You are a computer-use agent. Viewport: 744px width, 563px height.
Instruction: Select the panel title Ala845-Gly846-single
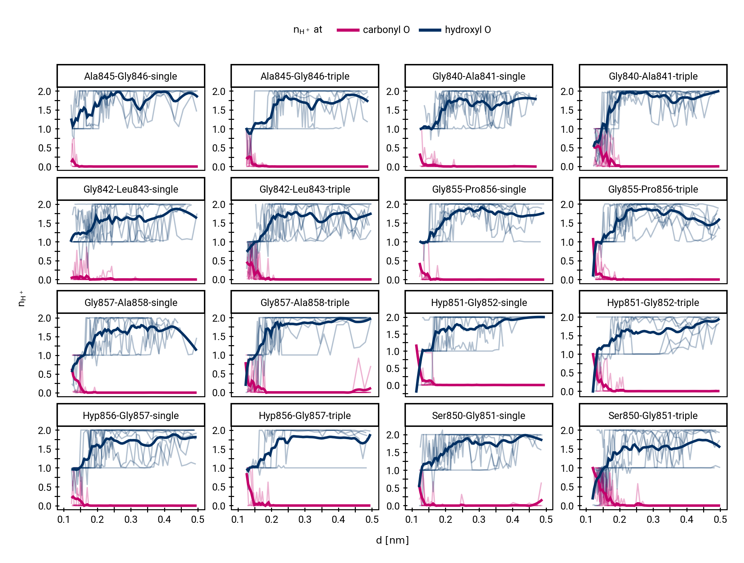click(131, 76)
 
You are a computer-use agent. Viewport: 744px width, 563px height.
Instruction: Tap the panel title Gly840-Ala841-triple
click(653, 76)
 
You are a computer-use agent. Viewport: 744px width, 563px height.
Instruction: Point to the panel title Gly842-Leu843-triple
click(305, 189)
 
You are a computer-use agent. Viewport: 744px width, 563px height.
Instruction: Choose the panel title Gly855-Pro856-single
click(479, 189)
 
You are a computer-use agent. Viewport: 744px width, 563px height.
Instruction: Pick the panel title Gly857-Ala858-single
click(131, 303)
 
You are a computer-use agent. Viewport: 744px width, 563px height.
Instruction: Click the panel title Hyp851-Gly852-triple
click(653, 303)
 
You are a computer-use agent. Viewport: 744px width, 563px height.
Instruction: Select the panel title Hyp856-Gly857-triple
click(305, 416)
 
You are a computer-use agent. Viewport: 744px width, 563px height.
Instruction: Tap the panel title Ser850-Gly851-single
click(479, 416)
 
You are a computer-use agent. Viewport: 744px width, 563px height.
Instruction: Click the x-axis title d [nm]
click(392, 540)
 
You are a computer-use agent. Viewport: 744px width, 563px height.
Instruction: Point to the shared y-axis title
click(21, 299)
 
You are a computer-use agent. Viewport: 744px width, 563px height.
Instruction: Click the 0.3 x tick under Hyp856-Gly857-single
click(131, 519)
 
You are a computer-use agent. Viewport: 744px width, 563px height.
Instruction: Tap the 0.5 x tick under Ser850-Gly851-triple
click(720, 519)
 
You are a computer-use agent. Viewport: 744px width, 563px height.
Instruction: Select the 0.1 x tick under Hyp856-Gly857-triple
click(238, 519)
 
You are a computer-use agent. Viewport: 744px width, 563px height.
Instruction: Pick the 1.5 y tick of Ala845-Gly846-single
click(45, 110)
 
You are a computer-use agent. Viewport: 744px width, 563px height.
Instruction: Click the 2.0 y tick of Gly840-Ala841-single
click(393, 92)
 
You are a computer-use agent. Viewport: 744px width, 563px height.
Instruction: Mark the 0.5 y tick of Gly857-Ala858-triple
click(219, 374)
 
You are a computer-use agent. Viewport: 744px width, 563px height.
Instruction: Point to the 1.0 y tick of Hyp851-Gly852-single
click(393, 352)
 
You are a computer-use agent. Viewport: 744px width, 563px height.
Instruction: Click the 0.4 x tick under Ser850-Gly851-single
click(512, 519)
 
